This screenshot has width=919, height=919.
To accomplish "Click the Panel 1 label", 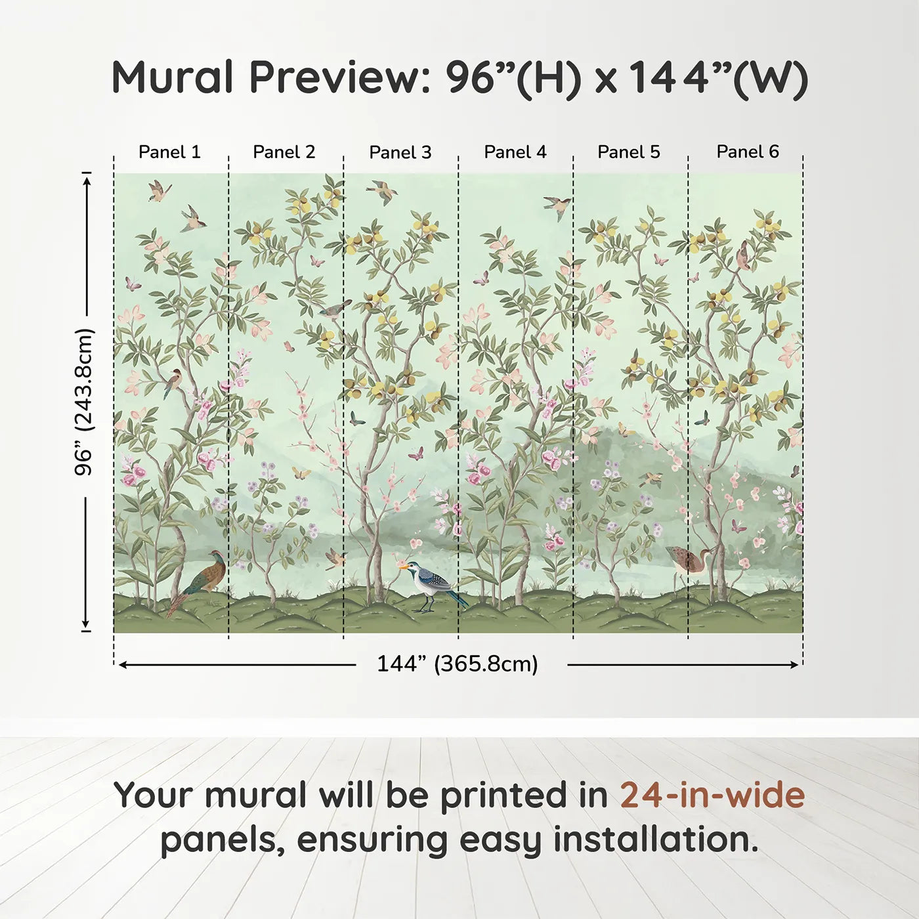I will (x=169, y=152).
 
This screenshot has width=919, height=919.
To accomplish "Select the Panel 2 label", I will (x=284, y=152).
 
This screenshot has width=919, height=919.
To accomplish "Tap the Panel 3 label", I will (x=400, y=152).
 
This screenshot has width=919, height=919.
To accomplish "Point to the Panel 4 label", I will (x=515, y=152).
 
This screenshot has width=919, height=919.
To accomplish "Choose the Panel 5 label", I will (x=629, y=152).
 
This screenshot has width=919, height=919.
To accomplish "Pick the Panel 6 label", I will (x=748, y=152).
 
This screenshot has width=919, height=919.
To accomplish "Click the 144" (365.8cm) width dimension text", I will (x=458, y=664).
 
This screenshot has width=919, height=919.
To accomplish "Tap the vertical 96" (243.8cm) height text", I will (x=84, y=402).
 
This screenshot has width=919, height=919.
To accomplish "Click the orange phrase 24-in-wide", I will (x=712, y=795).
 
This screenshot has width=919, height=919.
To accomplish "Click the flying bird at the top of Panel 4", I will (x=557, y=206).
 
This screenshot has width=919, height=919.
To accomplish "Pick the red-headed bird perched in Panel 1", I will (x=174, y=381).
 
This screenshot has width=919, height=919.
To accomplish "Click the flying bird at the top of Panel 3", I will (x=383, y=192).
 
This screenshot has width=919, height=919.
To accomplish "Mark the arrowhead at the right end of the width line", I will (x=795, y=665).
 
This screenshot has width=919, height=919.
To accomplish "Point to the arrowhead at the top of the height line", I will (x=87, y=177).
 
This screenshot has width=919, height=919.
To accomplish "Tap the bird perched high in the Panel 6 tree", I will (x=744, y=255).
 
